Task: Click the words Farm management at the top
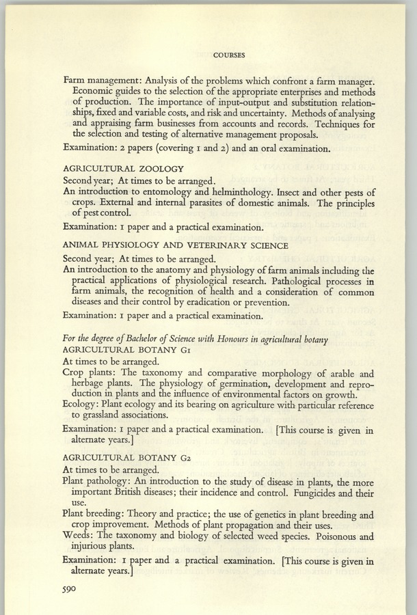pyautogui.click(x=105, y=81)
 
